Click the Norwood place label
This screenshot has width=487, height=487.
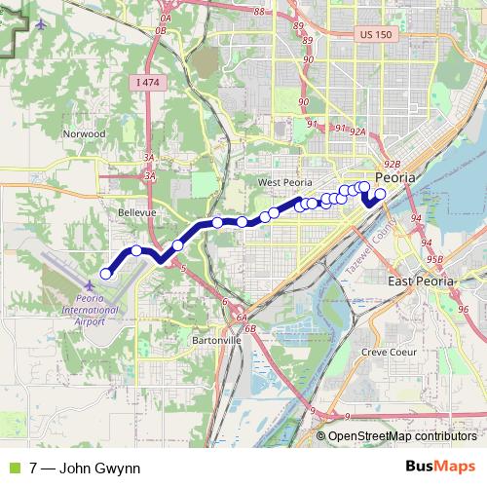pyautogui.click(x=83, y=133)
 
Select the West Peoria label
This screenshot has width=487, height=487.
pyautogui.click(x=282, y=182)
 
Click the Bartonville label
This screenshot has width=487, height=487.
pyautogui.click(x=216, y=341)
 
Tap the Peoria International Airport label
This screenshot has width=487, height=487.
pyautogui.click(x=102, y=311)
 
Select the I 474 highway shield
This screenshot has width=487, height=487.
pyautogui.click(x=147, y=83)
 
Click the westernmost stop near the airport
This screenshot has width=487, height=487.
pyautogui.click(x=106, y=274)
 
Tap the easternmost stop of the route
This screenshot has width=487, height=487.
pyautogui.click(x=380, y=194)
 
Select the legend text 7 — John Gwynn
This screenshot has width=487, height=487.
pyautogui.click(x=85, y=468)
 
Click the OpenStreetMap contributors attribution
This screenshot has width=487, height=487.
pyautogui.click(x=402, y=437)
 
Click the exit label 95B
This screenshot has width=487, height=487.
pyautogui.click(x=435, y=259)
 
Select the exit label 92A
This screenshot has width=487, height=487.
pyautogui.click(x=357, y=131)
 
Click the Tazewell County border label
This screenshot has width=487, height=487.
pyautogui.click(x=368, y=242)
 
